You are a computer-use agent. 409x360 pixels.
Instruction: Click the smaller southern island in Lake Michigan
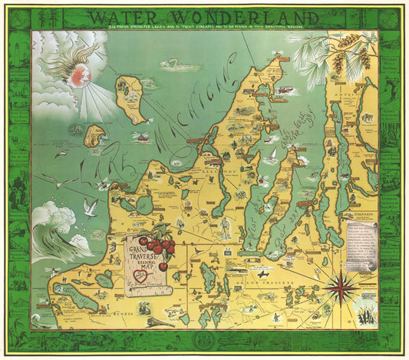tap(94, 137)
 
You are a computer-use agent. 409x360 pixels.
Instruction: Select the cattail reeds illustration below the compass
tap(362, 315)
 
